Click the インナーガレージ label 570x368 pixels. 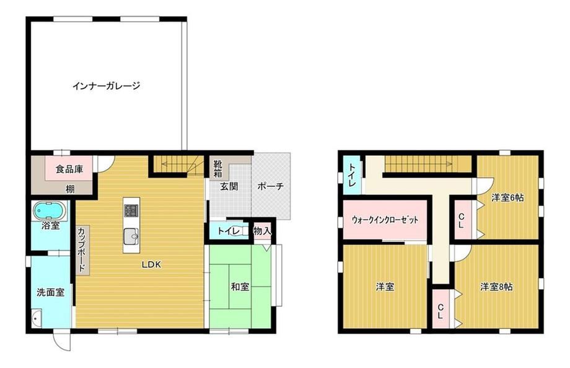pos(106,86)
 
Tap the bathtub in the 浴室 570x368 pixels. pos(50,211)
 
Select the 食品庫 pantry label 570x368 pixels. pos(69,169)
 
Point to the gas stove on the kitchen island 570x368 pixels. pos(131,210)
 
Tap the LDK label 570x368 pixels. pos(151,264)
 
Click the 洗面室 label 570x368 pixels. pos(51,292)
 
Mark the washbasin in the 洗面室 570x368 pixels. pos(37,318)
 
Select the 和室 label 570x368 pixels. pos(240,287)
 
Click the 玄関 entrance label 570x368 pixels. pos(229,186)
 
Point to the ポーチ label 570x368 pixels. pos(270,186)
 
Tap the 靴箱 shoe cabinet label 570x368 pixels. pos(217,168)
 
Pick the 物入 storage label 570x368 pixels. pos(262,231)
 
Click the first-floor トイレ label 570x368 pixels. pos(228,231)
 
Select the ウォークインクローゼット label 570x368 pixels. pos(385,220)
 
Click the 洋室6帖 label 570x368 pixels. pos(507,197)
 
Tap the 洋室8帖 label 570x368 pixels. pos(496,287)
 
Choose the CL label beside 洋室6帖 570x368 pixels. pos(461,220)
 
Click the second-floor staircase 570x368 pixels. pos(428,164)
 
